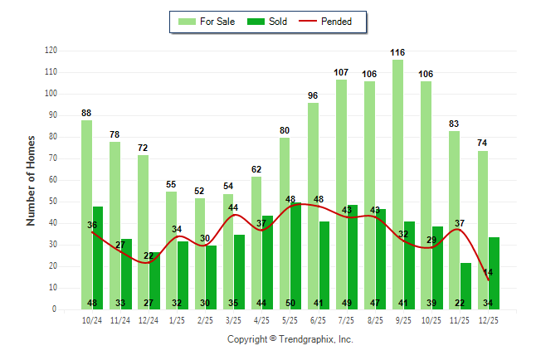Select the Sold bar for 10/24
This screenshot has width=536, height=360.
click(98, 257)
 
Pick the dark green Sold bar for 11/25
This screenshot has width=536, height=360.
click(466, 285)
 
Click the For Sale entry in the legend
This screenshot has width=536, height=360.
click(207, 22)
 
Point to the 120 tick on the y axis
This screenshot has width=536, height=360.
click(51, 51)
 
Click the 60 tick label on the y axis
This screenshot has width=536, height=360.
click(53, 180)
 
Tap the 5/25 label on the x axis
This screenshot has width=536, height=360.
click(290, 319)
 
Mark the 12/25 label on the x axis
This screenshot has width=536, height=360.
click(488, 319)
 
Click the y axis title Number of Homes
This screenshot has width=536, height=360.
click(31, 180)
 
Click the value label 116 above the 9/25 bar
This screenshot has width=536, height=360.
click(398, 52)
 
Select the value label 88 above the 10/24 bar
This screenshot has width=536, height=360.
click(86, 113)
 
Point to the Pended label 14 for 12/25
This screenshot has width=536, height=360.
click(488, 272)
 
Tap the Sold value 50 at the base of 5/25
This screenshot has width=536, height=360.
click(290, 303)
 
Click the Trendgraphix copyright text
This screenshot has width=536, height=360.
click(290, 339)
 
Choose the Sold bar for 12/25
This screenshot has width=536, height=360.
click(495, 273)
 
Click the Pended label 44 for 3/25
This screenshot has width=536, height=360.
click(233, 207)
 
